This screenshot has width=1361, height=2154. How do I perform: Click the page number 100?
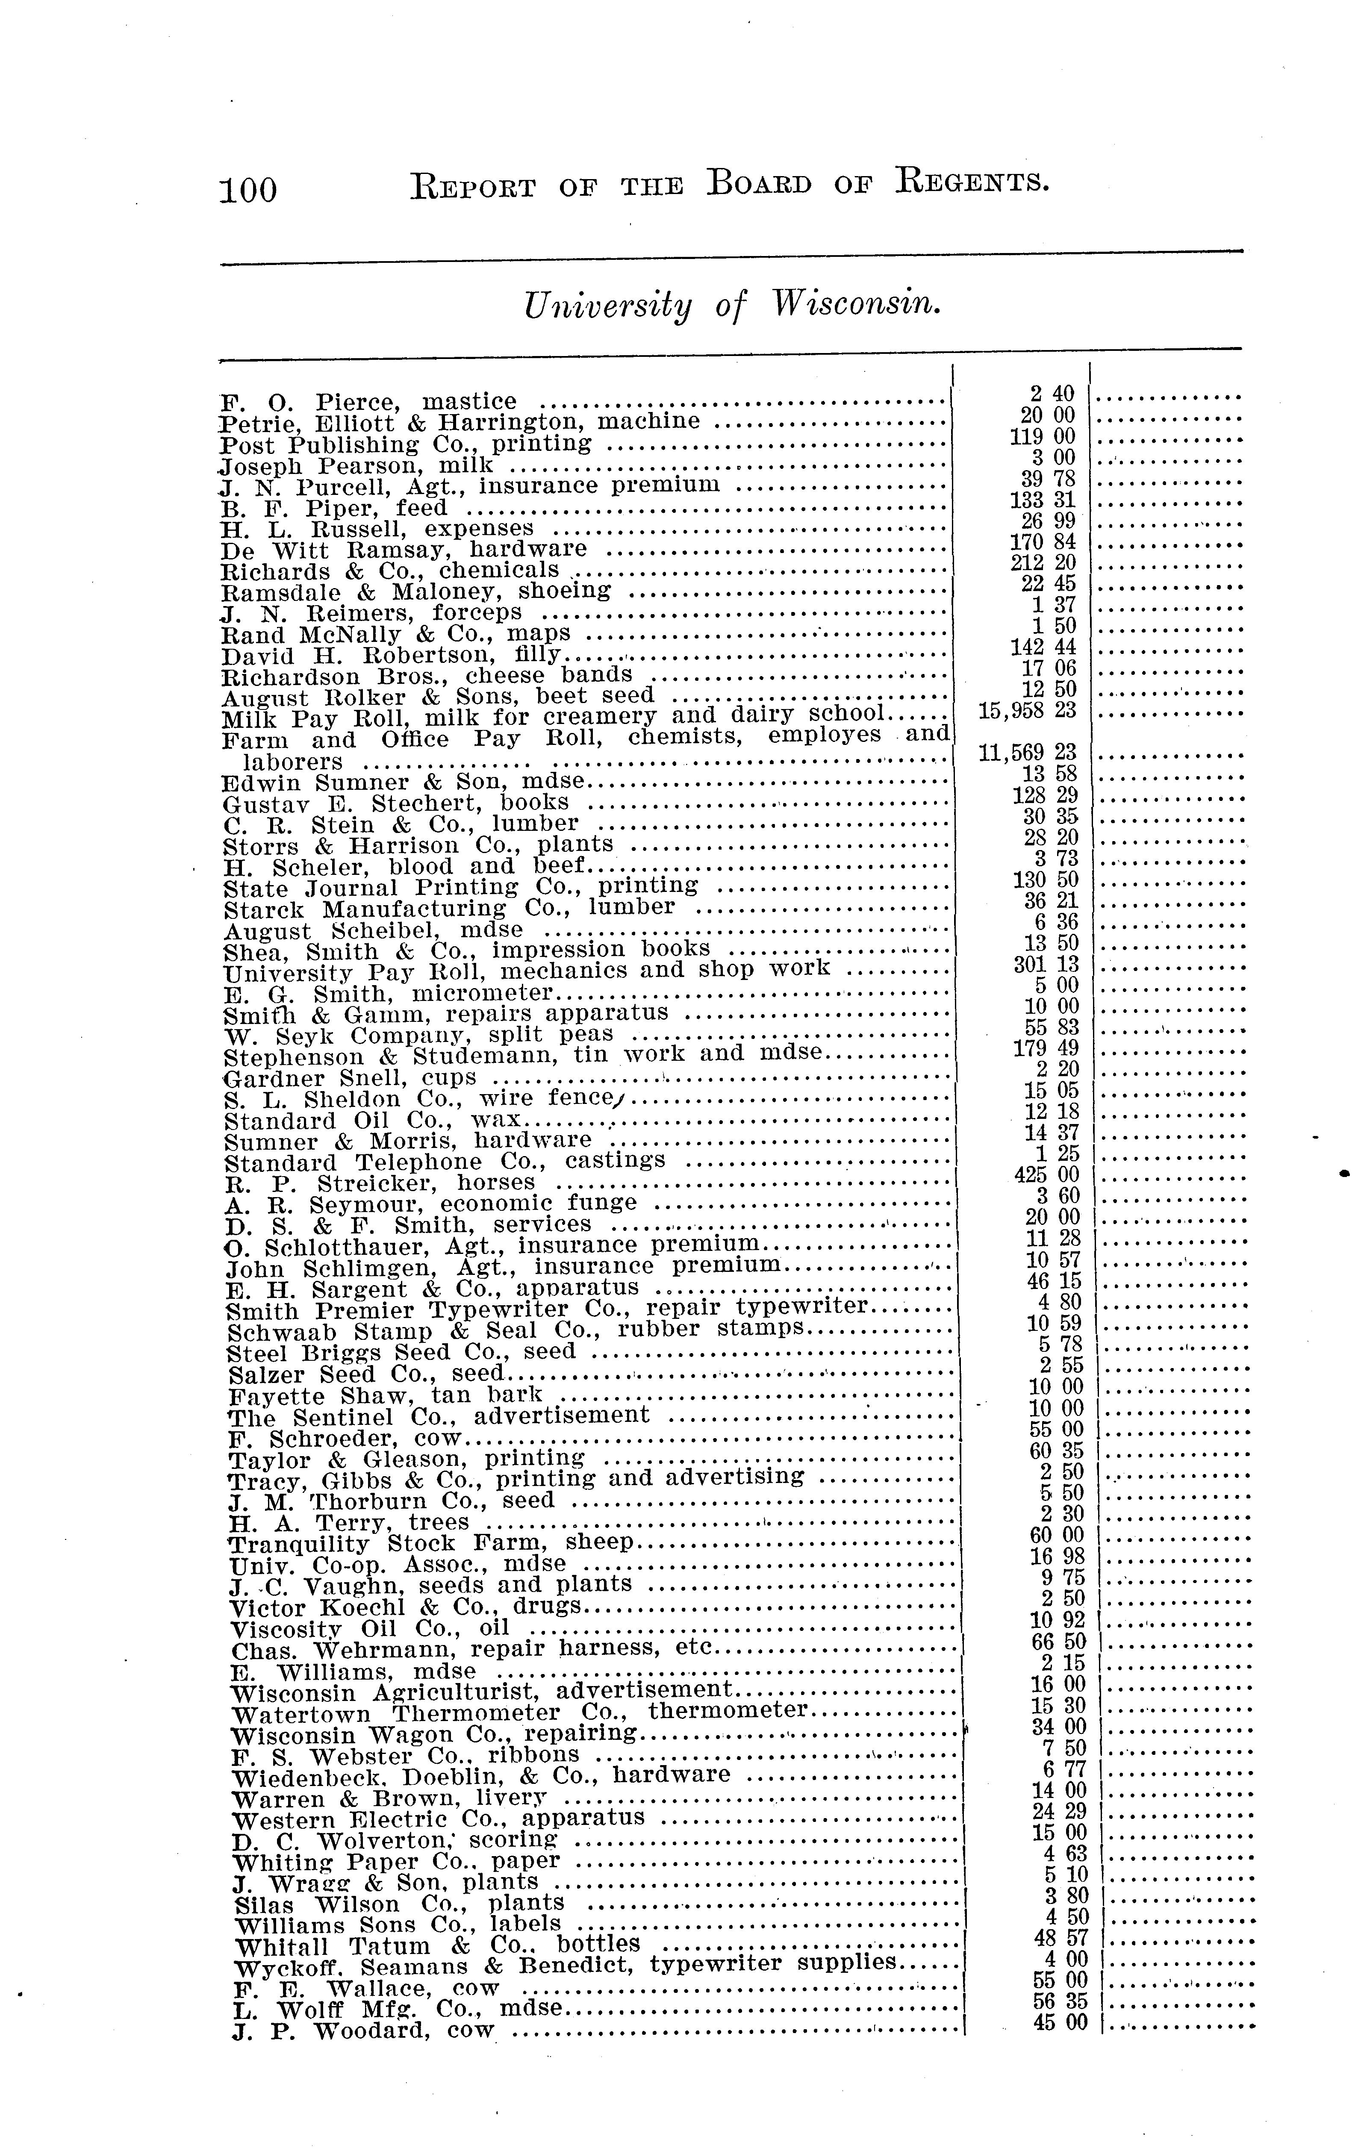coord(249,190)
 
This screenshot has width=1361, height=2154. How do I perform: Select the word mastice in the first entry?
coord(469,402)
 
